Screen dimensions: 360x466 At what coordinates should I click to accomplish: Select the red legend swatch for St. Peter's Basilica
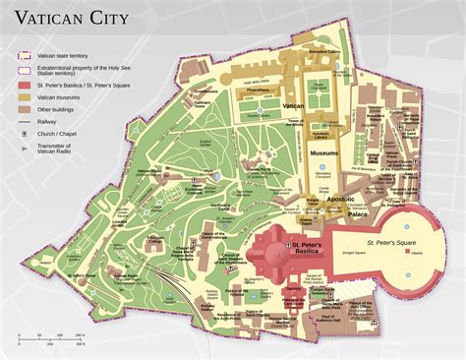click(x=25, y=86)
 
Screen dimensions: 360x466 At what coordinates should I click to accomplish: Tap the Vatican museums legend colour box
click(x=25, y=99)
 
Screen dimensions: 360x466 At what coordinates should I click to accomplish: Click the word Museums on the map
click(x=324, y=153)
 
